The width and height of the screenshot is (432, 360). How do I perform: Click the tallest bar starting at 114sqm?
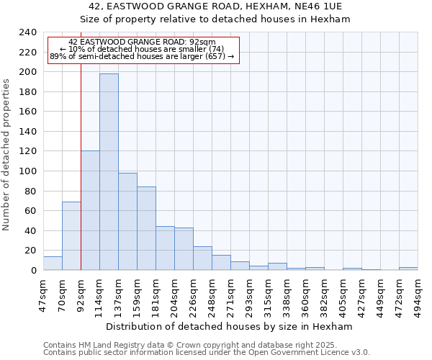(x=109, y=172)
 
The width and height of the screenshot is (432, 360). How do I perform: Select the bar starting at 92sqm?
(x=90, y=210)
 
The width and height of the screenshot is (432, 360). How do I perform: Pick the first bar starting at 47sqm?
(x=53, y=264)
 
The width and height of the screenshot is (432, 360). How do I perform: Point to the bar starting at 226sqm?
(x=202, y=258)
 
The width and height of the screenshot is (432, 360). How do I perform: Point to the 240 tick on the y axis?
(x=28, y=32)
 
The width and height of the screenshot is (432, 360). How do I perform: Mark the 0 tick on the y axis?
(x=34, y=271)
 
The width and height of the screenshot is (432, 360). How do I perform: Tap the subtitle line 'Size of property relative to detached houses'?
(x=215, y=19)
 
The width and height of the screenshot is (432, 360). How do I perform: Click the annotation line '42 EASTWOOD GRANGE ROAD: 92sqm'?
(x=142, y=42)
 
